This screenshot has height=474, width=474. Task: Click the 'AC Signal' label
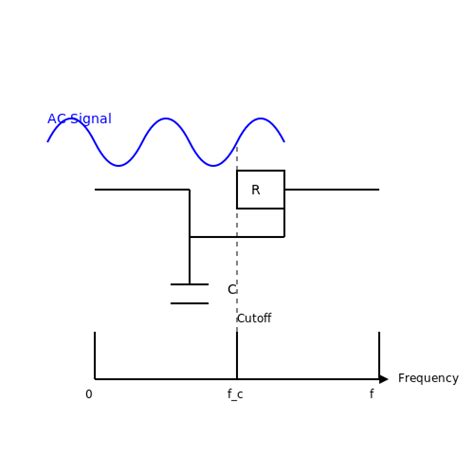pos(79,119)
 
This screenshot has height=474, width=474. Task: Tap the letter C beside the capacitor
pos(231,290)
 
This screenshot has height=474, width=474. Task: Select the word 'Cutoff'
pos(254,319)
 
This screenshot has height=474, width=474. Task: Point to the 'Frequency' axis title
pos(428,379)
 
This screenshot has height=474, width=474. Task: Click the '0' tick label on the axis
pos(88,395)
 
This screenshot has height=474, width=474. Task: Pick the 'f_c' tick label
pos(235,395)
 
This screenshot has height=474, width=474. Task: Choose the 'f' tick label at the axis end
pos(371,395)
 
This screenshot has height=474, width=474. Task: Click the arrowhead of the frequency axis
pos(383,379)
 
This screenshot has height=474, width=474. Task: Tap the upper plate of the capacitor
pos(189,284)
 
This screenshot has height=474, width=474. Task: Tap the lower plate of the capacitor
pos(189,303)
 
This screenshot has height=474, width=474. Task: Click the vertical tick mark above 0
pos(95,355)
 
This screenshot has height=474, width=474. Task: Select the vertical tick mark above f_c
pos(237,355)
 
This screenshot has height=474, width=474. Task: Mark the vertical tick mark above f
pos(379,355)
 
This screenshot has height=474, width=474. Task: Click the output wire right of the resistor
pos(331,189)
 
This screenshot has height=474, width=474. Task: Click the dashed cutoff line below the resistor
pos(237,270)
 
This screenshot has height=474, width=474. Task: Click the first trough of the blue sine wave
pos(118,165)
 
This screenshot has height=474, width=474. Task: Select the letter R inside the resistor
pos(255,190)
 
